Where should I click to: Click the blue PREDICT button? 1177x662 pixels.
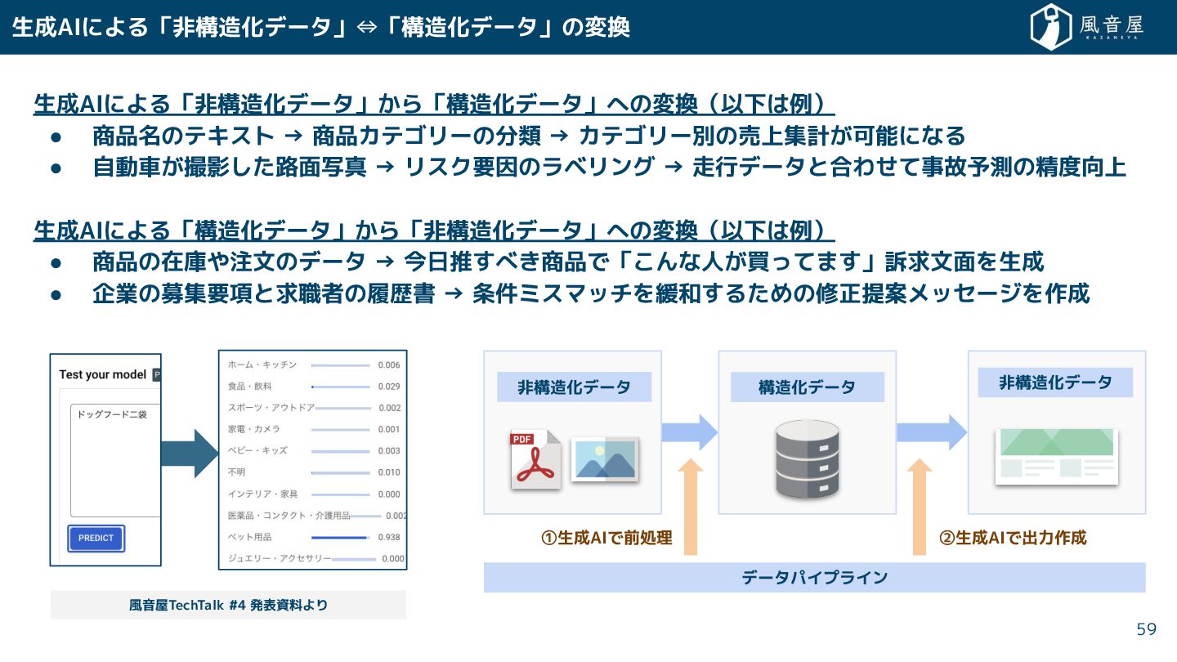[x=96, y=539]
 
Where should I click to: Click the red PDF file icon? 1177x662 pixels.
[x=535, y=459]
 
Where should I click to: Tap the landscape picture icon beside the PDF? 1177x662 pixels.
[x=605, y=458]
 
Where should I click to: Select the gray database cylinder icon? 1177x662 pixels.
[x=807, y=458]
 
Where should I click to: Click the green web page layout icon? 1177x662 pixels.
[x=1057, y=456]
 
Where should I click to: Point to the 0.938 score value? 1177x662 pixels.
[x=389, y=537]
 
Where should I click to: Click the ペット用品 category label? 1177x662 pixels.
[x=249, y=537]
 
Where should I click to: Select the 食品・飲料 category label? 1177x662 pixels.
[x=249, y=386]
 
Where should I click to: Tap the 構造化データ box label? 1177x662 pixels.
[x=807, y=387]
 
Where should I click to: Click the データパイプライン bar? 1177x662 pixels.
[x=814, y=578]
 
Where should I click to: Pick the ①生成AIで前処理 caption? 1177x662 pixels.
[x=606, y=538]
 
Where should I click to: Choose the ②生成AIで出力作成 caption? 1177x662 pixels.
[x=1013, y=538]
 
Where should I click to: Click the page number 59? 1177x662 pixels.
[x=1147, y=629]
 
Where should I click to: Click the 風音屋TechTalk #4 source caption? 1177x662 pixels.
[x=228, y=605]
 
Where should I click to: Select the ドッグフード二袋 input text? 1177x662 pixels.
[x=112, y=414]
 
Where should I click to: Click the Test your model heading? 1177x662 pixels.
[x=103, y=374]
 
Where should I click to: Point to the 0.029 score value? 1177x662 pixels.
[x=389, y=386]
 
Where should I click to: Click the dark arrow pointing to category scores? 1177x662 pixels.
[x=189, y=453]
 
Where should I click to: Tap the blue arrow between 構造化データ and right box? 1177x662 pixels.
[x=932, y=432]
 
